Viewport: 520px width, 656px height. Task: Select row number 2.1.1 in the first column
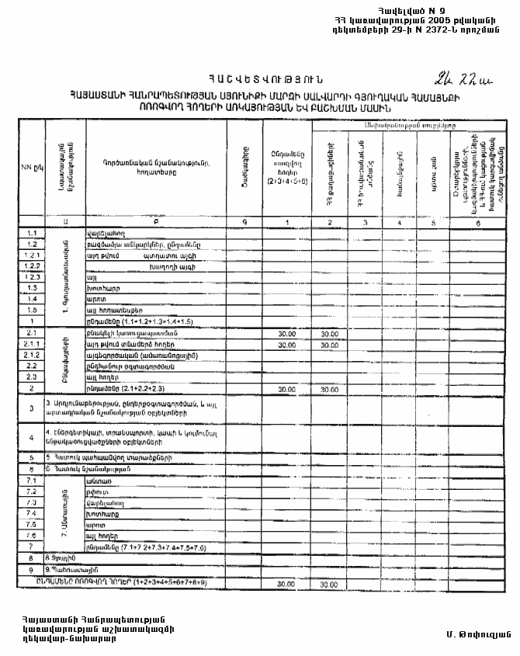click(32, 343)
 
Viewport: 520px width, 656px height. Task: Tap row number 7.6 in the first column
click(32, 536)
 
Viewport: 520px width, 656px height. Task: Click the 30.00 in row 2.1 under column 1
click(287, 333)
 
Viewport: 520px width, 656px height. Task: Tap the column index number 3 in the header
click(362, 223)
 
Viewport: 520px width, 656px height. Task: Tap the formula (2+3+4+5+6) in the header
click(287, 180)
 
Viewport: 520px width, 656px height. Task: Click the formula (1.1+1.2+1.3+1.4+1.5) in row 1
click(163, 320)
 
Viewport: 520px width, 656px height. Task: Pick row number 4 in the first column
click(32, 437)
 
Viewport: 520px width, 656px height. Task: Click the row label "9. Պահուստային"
click(70, 569)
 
